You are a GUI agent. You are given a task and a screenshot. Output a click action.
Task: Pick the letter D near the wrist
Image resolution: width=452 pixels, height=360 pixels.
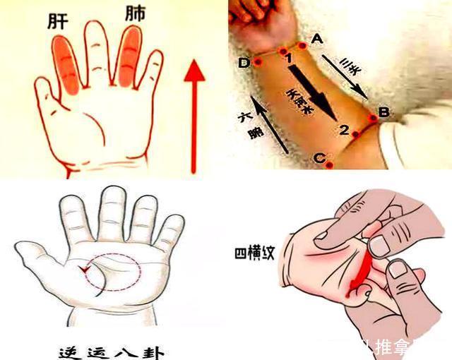pyautogui.click(x=244, y=64)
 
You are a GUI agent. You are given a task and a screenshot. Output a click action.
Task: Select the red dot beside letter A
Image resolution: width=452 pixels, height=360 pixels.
pyautogui.click(x=303, y=46)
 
